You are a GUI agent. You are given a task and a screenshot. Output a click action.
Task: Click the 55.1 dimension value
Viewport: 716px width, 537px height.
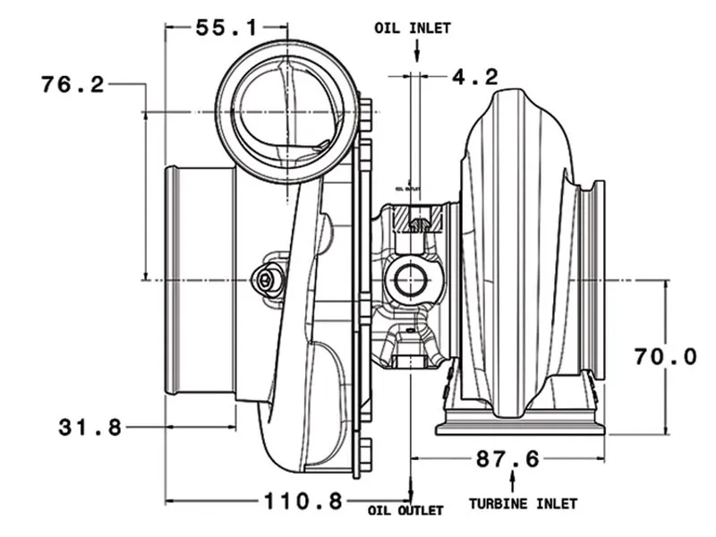click(226, 28)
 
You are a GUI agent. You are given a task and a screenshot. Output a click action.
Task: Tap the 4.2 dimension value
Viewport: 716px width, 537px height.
click(474, 77)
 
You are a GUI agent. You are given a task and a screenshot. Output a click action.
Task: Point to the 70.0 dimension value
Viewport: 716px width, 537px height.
click(665, 357)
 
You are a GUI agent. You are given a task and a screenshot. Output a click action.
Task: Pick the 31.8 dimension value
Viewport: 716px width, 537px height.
click(89, 428)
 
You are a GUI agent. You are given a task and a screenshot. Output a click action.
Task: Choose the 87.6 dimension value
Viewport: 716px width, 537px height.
click(507, 459)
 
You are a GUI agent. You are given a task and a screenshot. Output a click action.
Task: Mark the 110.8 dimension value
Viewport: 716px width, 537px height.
click(302, 500)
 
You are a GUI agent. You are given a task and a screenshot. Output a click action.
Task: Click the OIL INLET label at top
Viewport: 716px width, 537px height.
click(413, 28)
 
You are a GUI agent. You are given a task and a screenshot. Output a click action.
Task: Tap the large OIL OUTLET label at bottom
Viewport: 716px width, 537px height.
click(405, 511)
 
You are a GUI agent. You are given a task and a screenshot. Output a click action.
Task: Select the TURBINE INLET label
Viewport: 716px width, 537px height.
click(524, 504)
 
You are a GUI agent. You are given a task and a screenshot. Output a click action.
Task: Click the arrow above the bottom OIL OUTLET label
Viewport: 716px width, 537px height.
click(411, 491)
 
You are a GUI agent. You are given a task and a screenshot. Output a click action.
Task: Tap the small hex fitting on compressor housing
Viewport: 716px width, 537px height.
click(265, 280)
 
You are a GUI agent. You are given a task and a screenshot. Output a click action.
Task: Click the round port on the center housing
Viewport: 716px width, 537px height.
click(410, 279)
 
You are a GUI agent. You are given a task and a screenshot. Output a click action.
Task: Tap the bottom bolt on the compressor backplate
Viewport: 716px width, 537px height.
click(365, 453)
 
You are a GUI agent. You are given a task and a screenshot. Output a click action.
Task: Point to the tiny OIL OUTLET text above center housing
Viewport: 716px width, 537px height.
click(413, 189)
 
